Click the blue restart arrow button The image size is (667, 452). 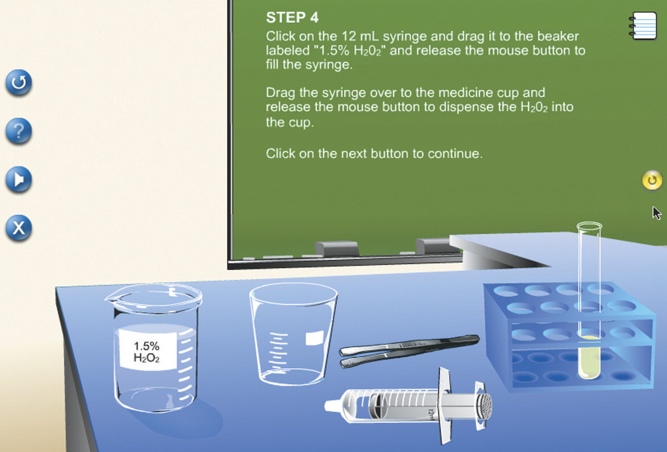pos(19,82)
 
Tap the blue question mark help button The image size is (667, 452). pos(19,131)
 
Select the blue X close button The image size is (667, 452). pos(19,228)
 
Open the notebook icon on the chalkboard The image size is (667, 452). pos(643,26)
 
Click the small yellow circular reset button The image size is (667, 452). pos(652,180)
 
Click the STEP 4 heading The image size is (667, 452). pos(292,17)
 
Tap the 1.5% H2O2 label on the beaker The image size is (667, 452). pos(147,351)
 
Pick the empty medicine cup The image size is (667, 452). pos(293,334)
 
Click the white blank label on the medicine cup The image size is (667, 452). pos(315,338)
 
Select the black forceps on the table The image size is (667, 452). pos(409,351)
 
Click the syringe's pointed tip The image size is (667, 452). pos(329,406)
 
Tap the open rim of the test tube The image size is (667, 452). pos(589,226)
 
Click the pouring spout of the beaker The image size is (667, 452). pos(112,299)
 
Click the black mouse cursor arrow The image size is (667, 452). pos(657,213)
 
